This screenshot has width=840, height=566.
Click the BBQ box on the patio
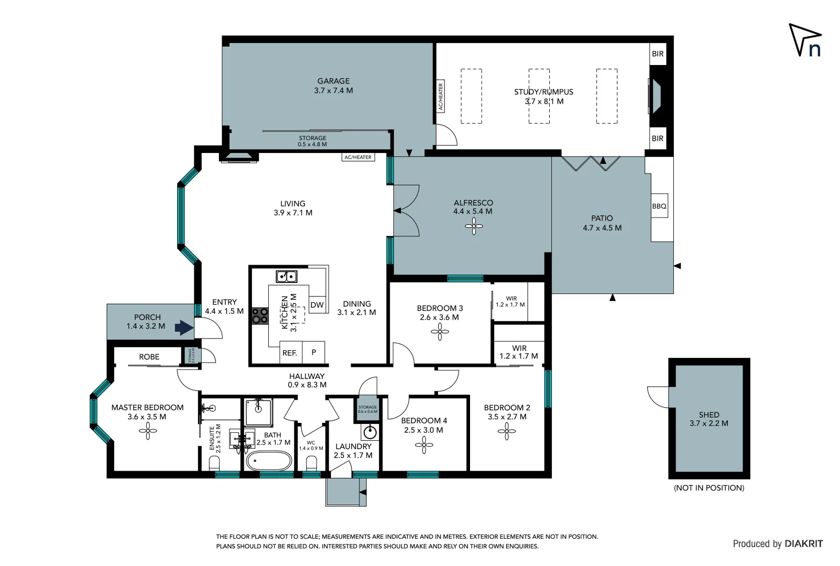659,206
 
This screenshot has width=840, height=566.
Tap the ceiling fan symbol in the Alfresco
474,226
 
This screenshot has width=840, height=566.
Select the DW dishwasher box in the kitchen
317,304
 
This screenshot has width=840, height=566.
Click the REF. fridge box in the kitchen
290,353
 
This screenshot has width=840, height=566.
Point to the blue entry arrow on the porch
183,328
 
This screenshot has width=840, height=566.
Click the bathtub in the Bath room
269,462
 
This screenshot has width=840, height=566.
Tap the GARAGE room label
333,81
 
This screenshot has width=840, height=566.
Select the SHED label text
708,415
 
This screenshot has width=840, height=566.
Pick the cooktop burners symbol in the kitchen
260,315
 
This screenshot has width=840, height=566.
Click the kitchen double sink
287,276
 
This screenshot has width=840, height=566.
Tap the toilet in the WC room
311,463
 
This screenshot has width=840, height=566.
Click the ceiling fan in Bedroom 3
440,331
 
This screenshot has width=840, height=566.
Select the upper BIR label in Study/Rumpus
658,54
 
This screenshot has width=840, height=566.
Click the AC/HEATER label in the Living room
358,157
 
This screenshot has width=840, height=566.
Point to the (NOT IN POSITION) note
708,488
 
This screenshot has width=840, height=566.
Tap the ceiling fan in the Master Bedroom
148,431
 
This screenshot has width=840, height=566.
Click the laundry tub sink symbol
370,432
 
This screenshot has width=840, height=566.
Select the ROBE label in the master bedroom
149,357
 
